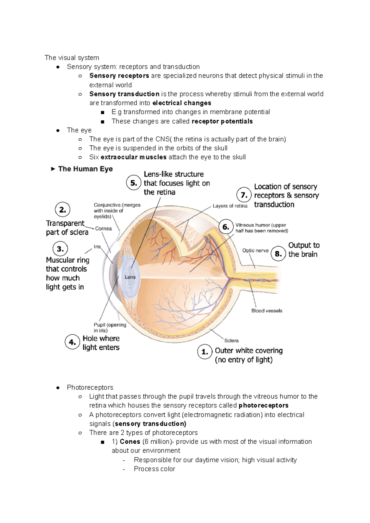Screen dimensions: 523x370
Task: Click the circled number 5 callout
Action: coord(134,183)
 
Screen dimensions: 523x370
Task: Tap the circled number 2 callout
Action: coord(63,210)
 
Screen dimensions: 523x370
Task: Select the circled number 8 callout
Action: coord(278,254)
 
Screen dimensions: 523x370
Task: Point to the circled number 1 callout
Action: coord(205,352)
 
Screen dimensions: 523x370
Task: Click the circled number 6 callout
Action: coord(226,227)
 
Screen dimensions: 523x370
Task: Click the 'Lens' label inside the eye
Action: coord(130,277)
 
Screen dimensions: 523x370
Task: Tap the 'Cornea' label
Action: coord(103,228)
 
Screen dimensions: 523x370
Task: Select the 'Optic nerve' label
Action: coord(255,250)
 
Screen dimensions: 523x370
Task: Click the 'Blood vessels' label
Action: coord(267,311)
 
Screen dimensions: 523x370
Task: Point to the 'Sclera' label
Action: coord(231,341)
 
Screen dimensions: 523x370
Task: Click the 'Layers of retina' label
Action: coord(230,206)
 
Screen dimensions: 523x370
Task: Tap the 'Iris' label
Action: coord(97,247)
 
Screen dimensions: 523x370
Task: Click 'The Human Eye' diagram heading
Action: coord(85,169)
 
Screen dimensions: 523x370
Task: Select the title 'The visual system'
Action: coord(72,58)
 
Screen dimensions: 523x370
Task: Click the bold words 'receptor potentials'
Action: coord(222,121)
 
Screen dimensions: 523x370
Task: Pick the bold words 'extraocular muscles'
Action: coord(134,157)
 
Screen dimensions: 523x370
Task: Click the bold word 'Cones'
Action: coord(130,442)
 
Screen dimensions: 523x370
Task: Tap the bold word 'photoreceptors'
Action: coord(263,405)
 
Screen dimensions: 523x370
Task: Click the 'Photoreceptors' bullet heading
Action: coord(90,387)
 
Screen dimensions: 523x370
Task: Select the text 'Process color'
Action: coord(154,469)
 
